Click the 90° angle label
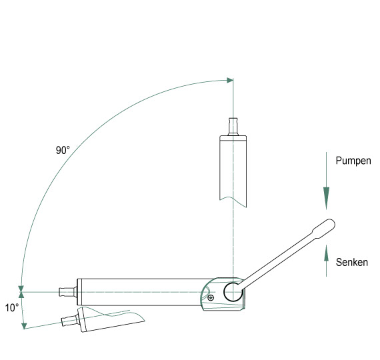[x=63, y=150]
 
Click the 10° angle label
[x=12, y=308]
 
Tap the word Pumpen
[x=353, y=161]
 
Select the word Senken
[x=351, y=262]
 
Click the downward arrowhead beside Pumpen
[x=326, y=198]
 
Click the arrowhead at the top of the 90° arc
[x=230, y=80]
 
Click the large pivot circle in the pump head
[x=233, y=292]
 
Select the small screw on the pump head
[x=211, y=297]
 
